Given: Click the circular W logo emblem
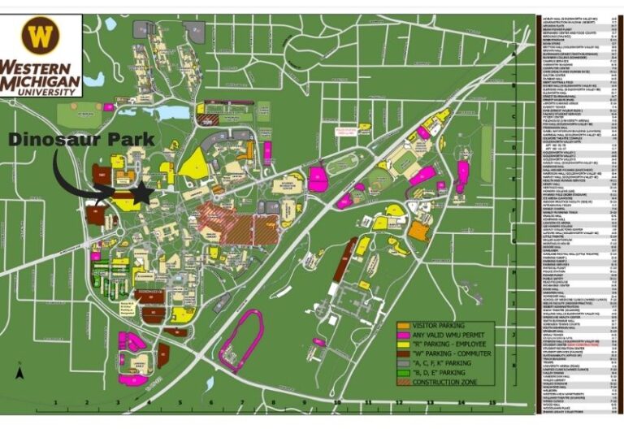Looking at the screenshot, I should tap(40, 36).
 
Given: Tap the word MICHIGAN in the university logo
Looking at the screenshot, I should tap(40, 82).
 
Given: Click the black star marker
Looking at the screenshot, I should tap(143, 193).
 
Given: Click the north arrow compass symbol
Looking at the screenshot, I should tap(20, 373).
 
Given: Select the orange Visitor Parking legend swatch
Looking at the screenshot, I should tap(404, 327).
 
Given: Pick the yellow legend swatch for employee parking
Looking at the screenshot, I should tap(404, 345).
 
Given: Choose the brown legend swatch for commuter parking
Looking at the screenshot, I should tap(404, 354).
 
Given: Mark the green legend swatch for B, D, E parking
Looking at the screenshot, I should tap(404, 373).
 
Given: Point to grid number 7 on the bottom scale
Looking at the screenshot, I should tap(241, 402).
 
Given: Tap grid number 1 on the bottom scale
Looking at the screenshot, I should tap(54, 402).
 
